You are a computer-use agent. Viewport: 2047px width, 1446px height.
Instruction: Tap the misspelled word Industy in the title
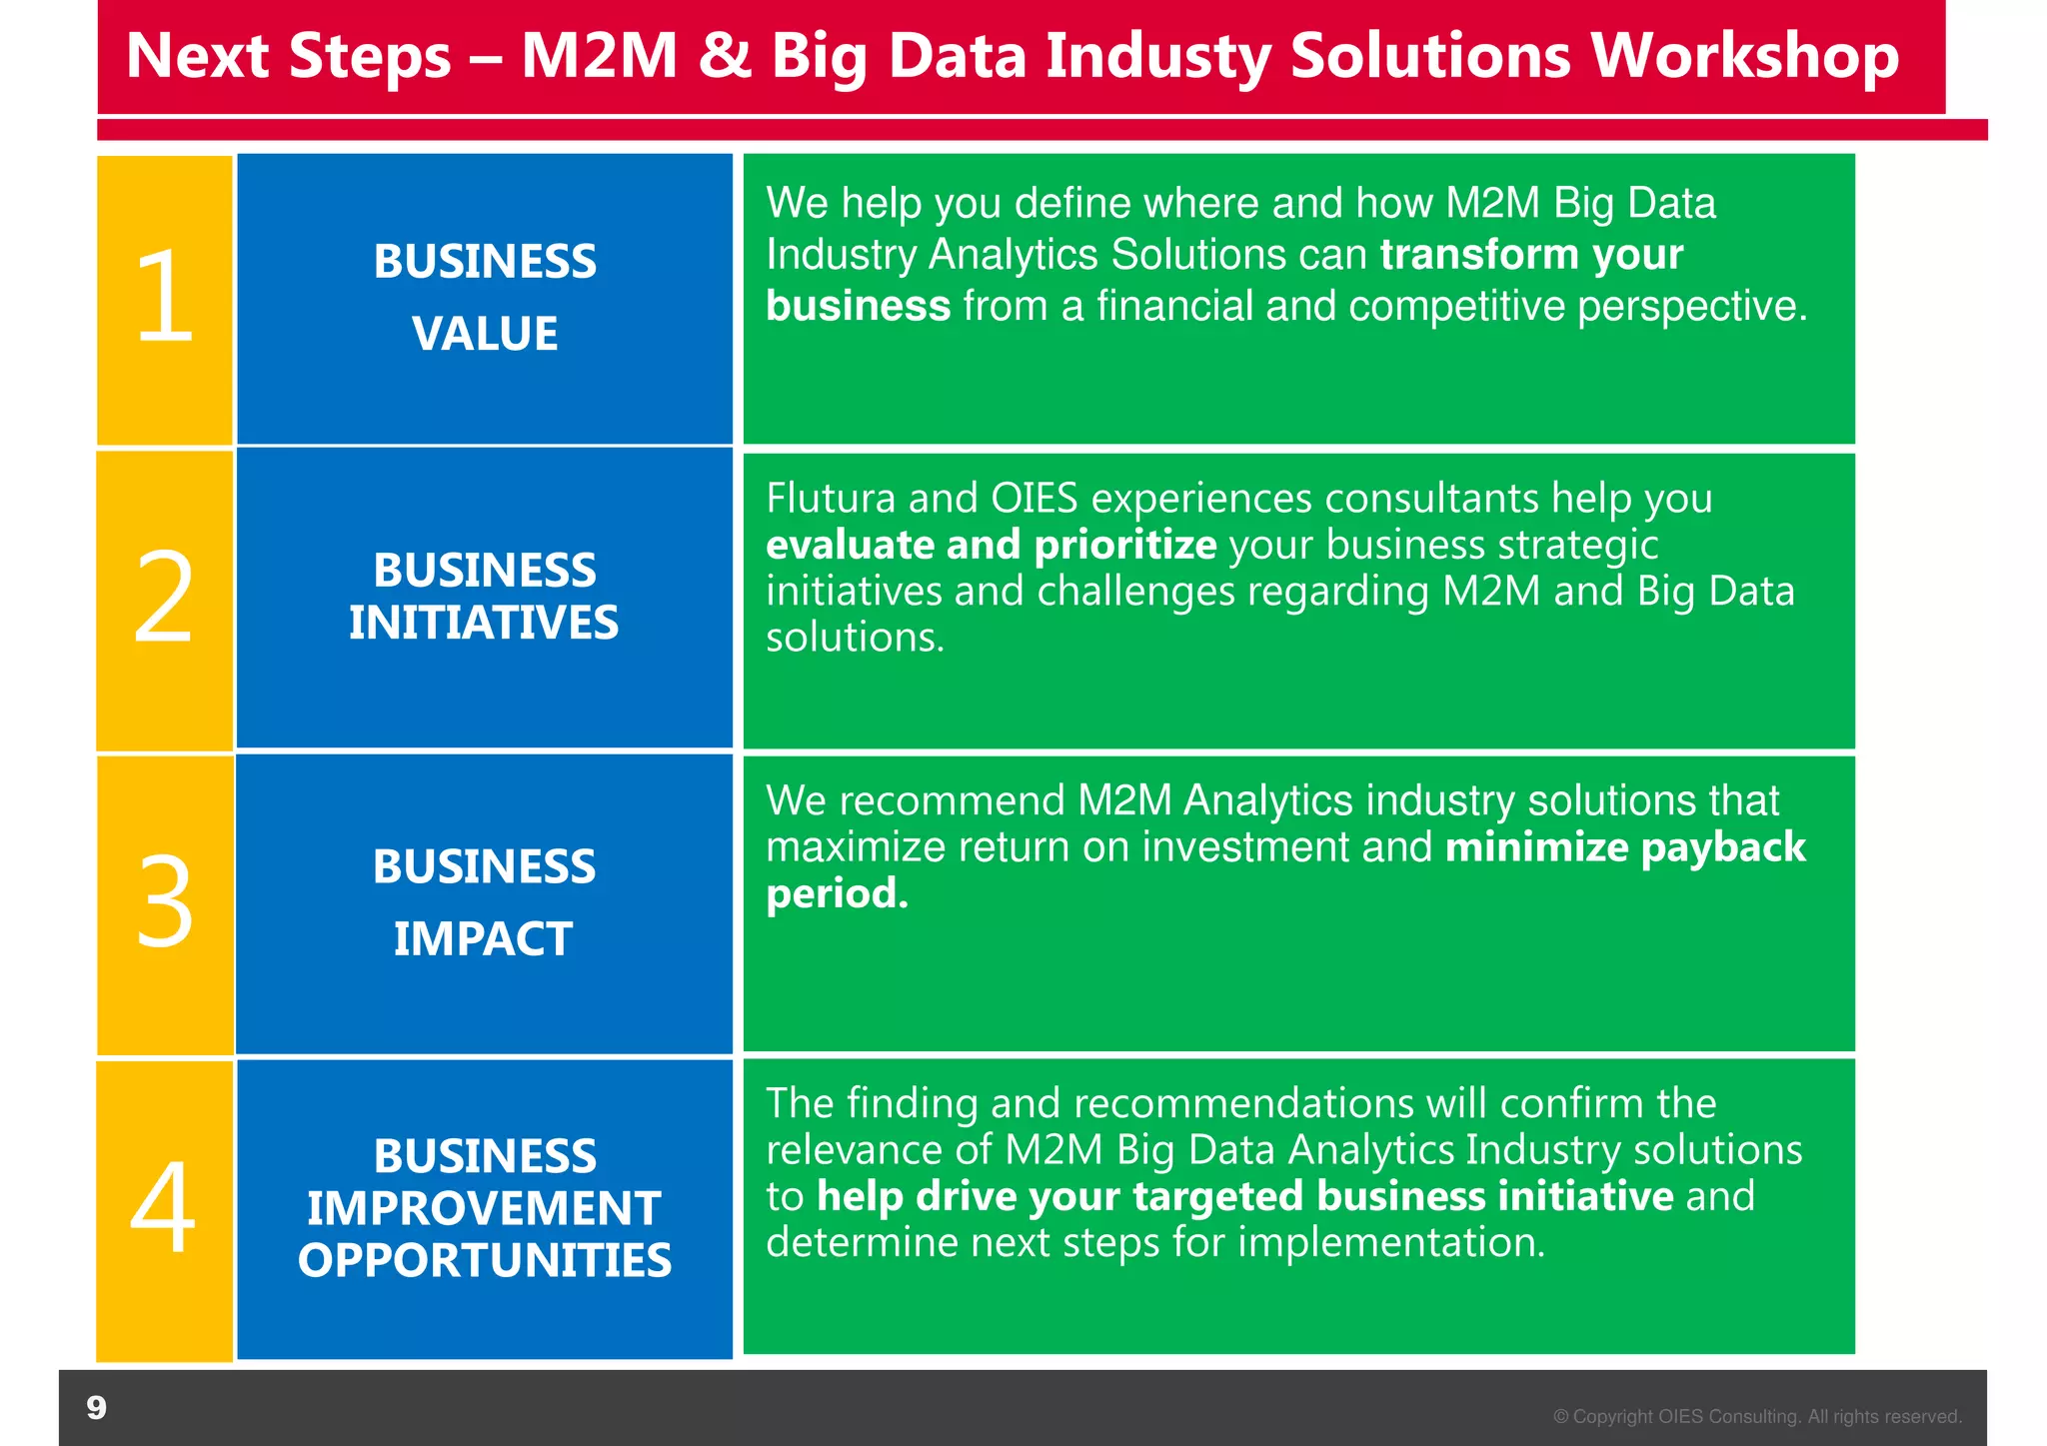(x=1157, y=57)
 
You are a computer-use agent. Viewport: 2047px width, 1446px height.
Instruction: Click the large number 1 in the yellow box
(x=165, y=297)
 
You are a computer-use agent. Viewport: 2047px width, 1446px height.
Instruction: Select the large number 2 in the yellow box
(x=163, y=598)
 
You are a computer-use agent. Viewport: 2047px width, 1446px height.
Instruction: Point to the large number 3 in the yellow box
(x=164, y=901)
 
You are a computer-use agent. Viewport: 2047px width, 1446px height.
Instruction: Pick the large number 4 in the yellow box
(x=163, y=1207)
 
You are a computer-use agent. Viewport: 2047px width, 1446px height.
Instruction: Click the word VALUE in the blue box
(x=485, y=334)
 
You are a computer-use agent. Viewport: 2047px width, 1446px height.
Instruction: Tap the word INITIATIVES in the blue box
(x=484, y=623)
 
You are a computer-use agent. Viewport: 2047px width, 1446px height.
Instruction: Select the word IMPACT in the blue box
(x=483, y=939)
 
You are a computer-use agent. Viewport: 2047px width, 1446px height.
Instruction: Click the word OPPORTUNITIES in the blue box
(x=485, y=1260)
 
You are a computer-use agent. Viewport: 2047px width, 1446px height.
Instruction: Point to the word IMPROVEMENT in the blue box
(x=484, y=1208)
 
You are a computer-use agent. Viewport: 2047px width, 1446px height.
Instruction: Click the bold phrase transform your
(x=1530, y=255)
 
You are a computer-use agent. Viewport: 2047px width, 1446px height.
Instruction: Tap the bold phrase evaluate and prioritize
(x=991, y=546)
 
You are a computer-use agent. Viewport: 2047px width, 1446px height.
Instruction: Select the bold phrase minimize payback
(x=1625, y=847)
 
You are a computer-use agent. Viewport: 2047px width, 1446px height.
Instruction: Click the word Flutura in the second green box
(x=830, y=498)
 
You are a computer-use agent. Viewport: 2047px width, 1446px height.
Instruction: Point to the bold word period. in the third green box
(x=837, y=893)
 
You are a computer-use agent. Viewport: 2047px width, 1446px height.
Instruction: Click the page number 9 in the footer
(x=96, y=1407)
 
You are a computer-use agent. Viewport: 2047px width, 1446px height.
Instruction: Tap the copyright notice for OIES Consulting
(x=1757, y=1416)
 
